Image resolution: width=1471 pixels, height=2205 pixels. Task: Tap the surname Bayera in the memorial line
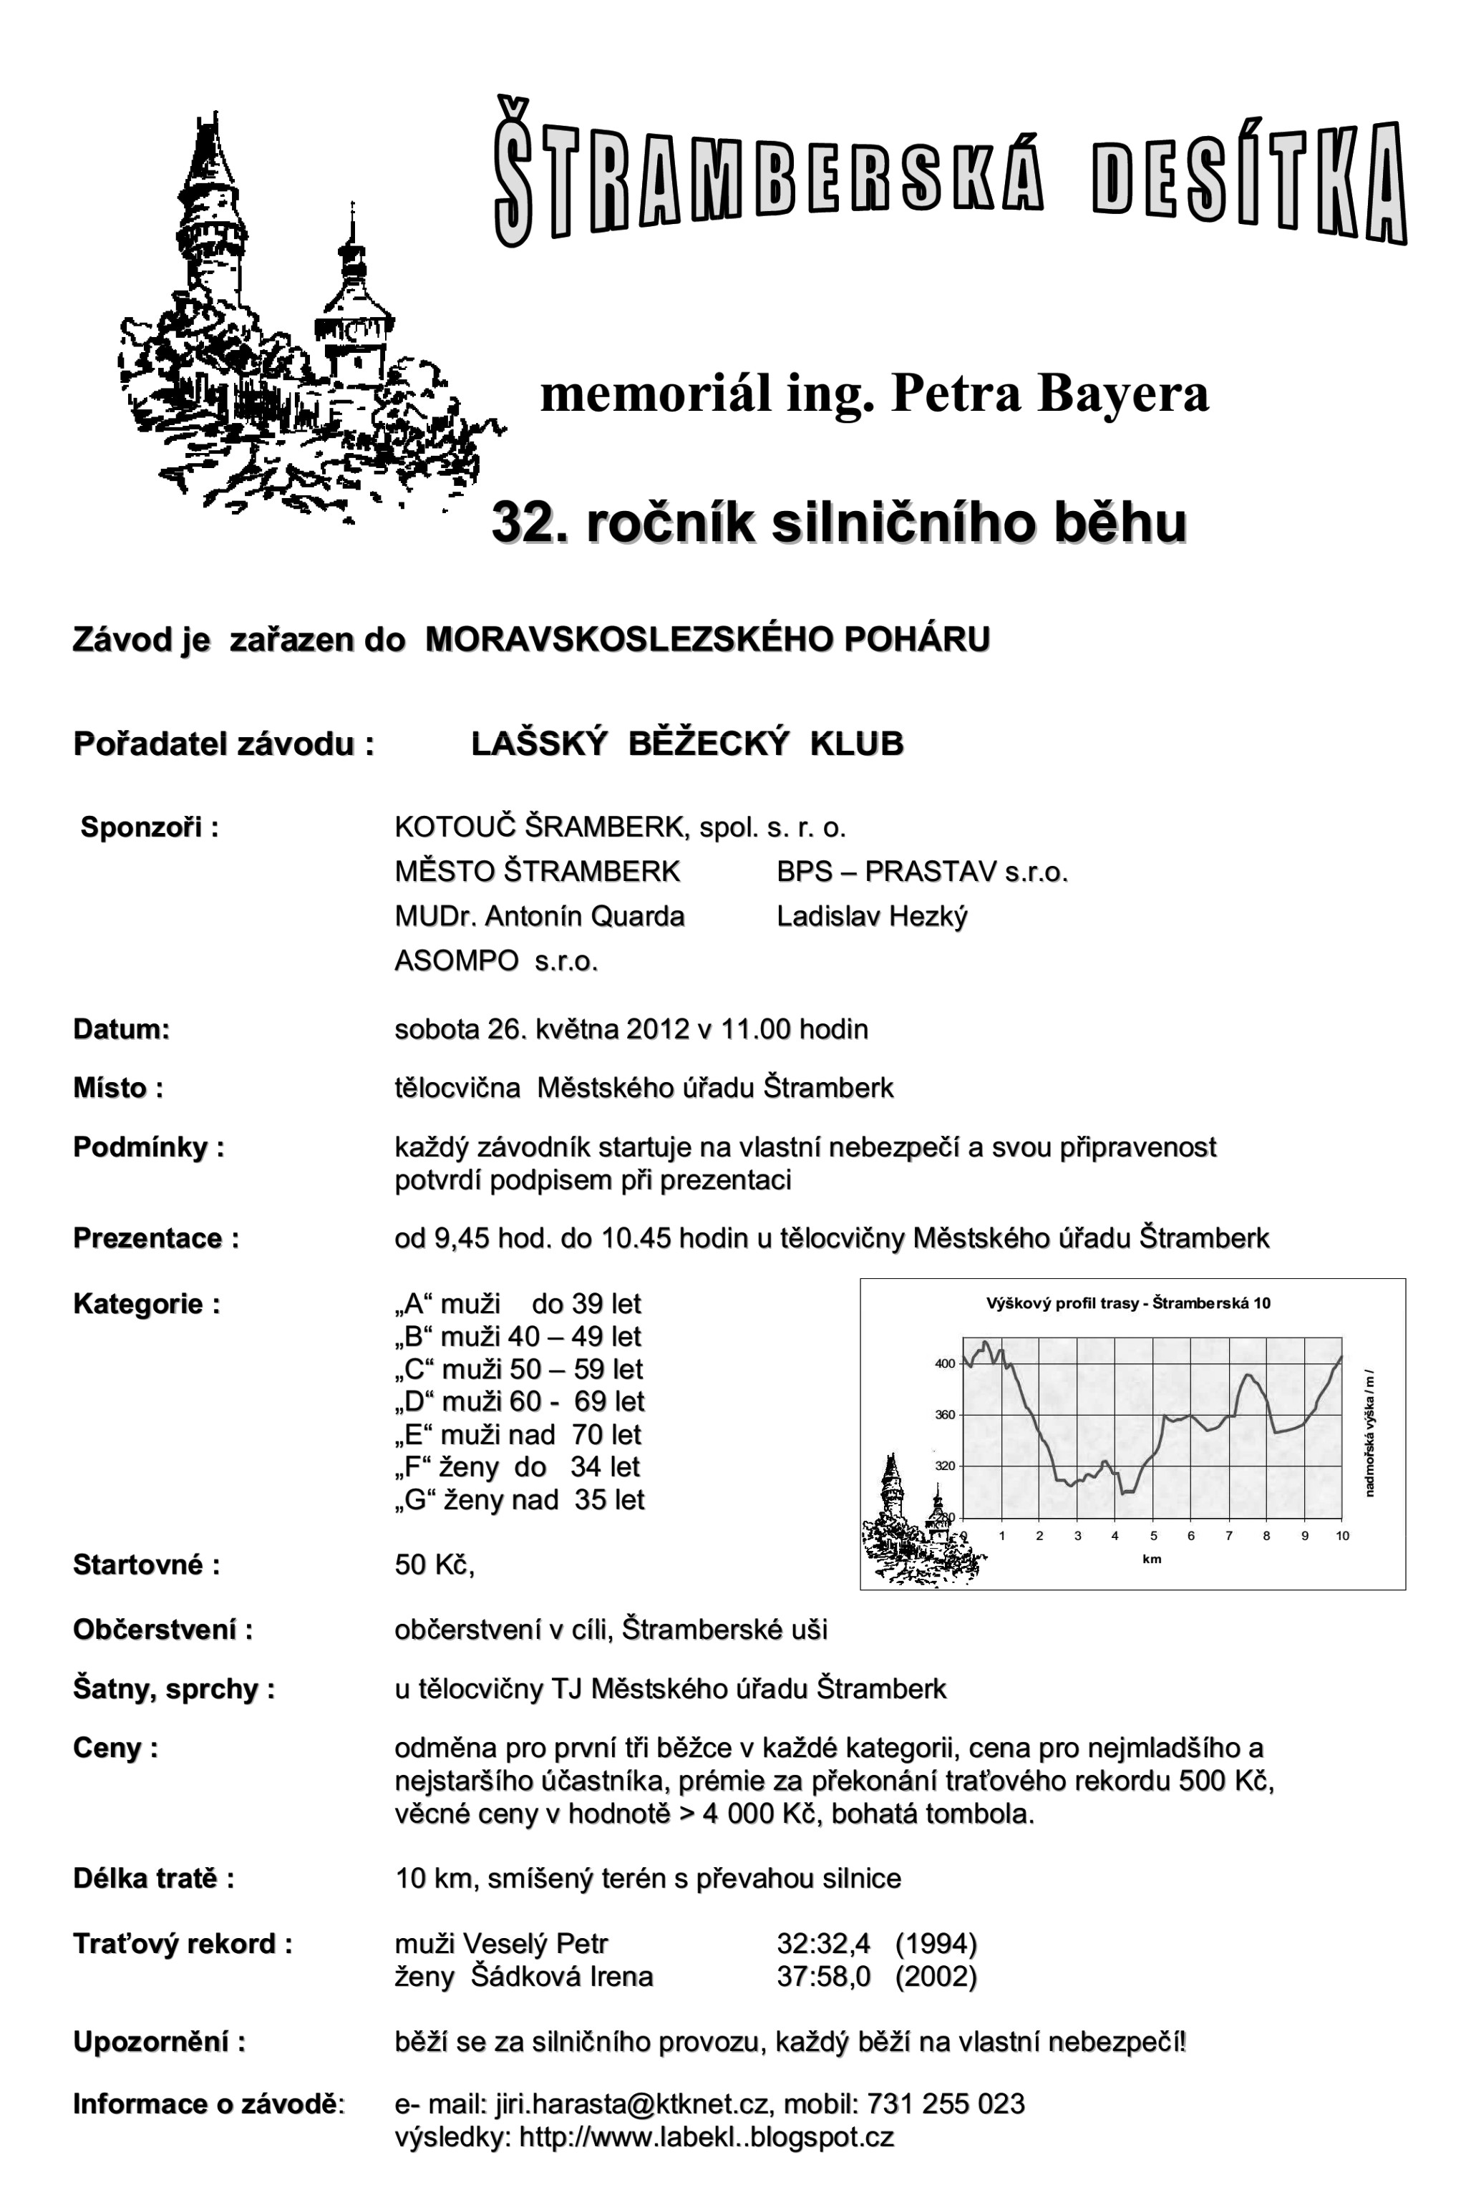click(x=1122, y=393)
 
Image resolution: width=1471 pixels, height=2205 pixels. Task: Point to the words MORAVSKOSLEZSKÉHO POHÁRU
click(x=707, y=640)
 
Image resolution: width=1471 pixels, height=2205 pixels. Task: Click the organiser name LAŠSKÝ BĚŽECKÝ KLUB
click(x=686, y=744)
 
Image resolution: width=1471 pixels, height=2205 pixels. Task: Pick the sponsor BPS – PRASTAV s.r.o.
click(x=922, y=872)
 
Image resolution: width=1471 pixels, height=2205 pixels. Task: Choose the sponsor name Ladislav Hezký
click(x=872, y=916)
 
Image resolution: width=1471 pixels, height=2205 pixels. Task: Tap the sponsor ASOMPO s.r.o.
click(x=495, y=960)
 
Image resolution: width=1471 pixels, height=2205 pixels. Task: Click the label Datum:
click(x=121, y=1030)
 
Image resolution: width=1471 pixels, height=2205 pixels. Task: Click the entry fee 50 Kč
click(x=433, y=1564)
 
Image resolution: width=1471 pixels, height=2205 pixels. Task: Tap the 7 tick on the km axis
click(x=1229, y=1537)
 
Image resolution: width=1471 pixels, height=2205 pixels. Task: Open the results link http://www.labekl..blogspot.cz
click(x=706, y=2136)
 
